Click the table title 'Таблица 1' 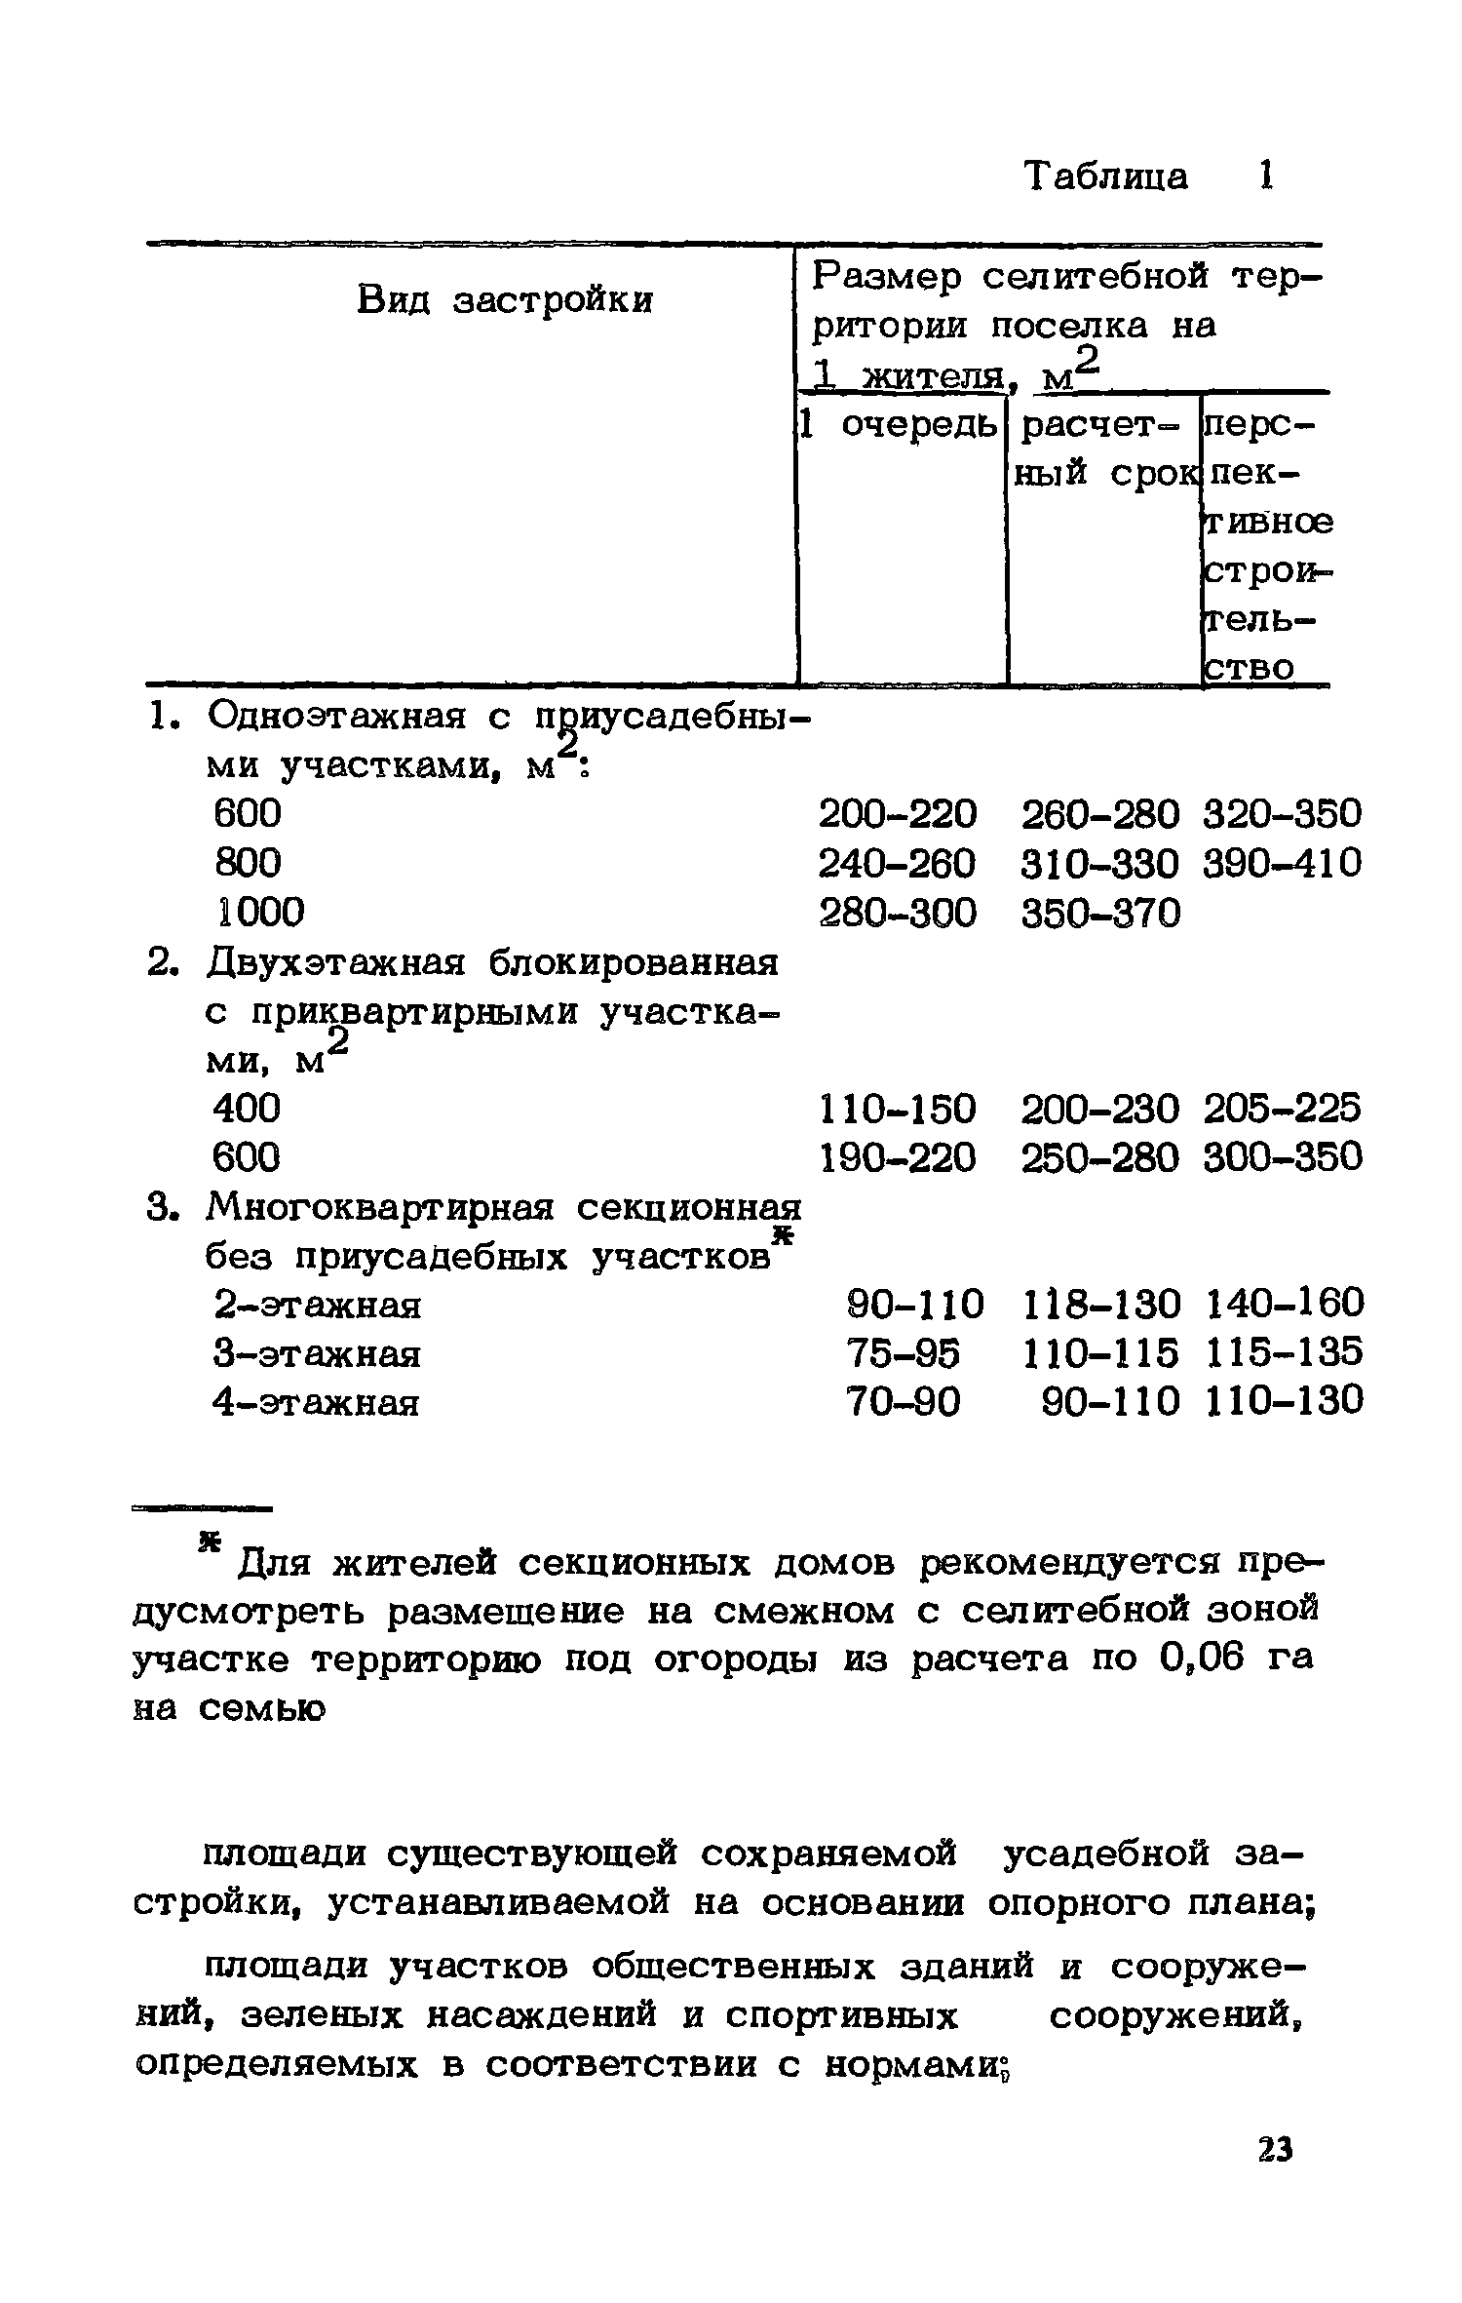(x=1148, y=176)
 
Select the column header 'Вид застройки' (x=504, y=299)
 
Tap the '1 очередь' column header (x=898, y=424)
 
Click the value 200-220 (x=897, y=813)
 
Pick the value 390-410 (x=1282, y=863)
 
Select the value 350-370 (x=1100, y=913)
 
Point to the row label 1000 (x=259, y=912)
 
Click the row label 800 (x=248, y=862)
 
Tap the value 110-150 (x=897, y=1109)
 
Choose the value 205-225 (x=1282, y=1109)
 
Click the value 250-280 (x=1100, y=1157)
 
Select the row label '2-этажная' (x=317, y=1305)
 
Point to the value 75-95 (x=904, y=1352)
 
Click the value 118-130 (x=1101, y=1304)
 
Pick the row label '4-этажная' (x=317, y=1403)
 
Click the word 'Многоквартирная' (x=380, y=1209)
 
